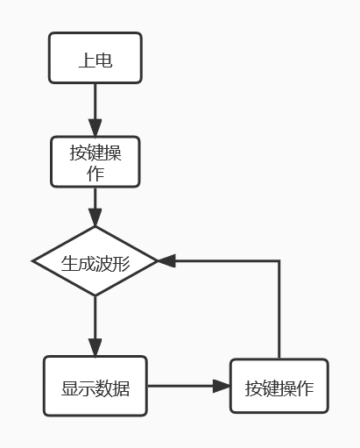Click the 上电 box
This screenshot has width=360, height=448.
click(95, 59)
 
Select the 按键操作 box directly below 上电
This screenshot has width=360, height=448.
click(95, 161)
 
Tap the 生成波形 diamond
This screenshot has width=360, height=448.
click(95, 261)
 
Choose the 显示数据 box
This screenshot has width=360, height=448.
click(95, 386)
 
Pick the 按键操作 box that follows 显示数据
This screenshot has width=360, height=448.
click(279, 386)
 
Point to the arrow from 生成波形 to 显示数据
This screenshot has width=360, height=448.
click(95, 325)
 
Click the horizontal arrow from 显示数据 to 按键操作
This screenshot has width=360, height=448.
click(187, 386)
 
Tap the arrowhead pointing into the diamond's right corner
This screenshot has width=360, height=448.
click(166, 261)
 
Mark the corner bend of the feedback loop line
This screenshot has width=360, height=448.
click(279, 261)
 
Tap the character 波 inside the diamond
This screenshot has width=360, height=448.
click(104, 262)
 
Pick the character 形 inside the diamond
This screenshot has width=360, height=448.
click(122, 262)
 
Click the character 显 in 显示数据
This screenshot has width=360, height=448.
click(69, 387)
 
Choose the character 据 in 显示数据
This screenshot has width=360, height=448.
click(122, 387)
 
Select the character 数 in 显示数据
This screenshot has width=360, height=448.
click(104, 387)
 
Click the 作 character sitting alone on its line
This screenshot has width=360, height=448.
click(95, 173)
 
